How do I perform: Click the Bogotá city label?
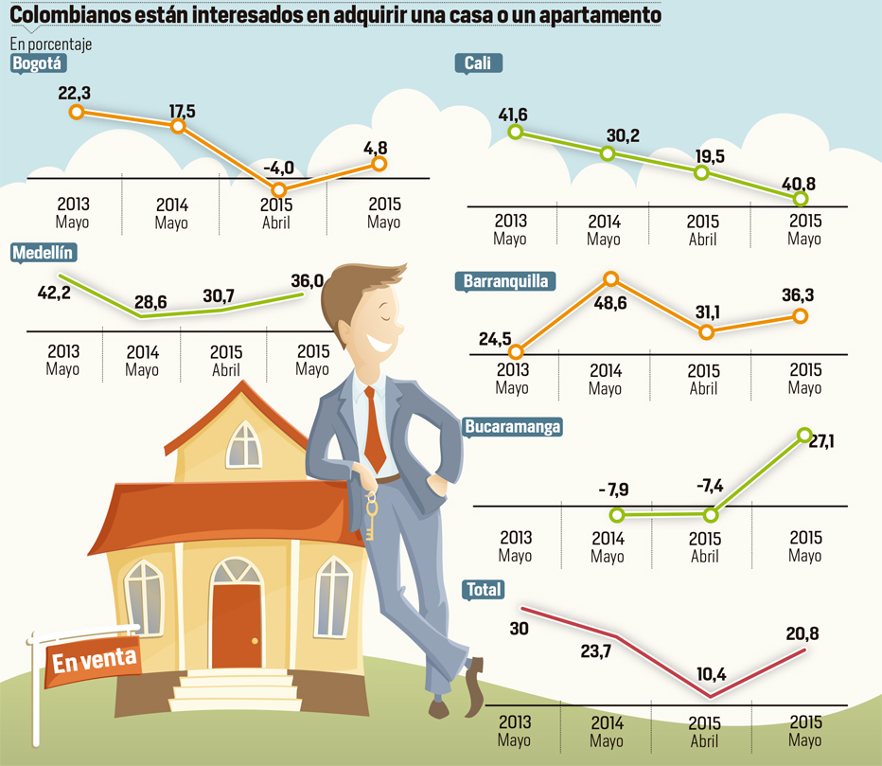pyautogui.click(x=37, y=63)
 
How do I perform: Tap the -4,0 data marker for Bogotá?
pyautogui.click(x=279, y=189)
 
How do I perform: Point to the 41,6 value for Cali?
pyautogui.click(x=513, y=116)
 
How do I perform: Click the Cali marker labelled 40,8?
pyautogui.click(x=802, y=199)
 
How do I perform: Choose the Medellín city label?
pyautogui.click(x=43, y=252)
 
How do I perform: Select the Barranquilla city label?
pyautogui.click(x=505, y=281)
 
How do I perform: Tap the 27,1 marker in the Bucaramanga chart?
pyautogui.click(x=805, y=435)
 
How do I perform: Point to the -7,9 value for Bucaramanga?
pyautogui.click(x=615, y=490)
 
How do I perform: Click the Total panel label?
pyautogui.click(x=484, y=590)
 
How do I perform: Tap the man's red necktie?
pyautogui.click(x=375, y=431)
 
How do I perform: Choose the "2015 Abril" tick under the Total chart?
pyautogui.click(x=702, y=731)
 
